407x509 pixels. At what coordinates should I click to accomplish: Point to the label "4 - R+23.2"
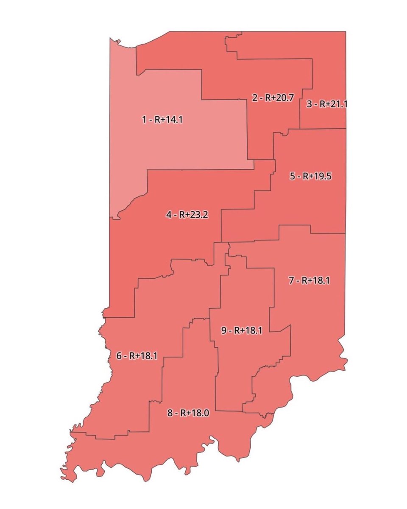[x=187, y=215]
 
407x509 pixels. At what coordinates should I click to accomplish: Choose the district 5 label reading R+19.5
[x=310, y=176]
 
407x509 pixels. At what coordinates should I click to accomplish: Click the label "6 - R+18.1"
[x=137, y=356]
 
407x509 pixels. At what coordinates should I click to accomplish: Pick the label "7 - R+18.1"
[x=309, y=280]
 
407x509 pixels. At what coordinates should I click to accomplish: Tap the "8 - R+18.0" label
[x=188, y=413]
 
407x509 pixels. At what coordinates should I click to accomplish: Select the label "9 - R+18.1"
[x=241, y=331]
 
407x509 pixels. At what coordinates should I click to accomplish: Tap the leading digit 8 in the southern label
[x=170, y=413]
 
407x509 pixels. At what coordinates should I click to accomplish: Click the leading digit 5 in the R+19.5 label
[x=292, y=176]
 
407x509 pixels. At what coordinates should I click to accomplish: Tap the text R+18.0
[x=195, y=413]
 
